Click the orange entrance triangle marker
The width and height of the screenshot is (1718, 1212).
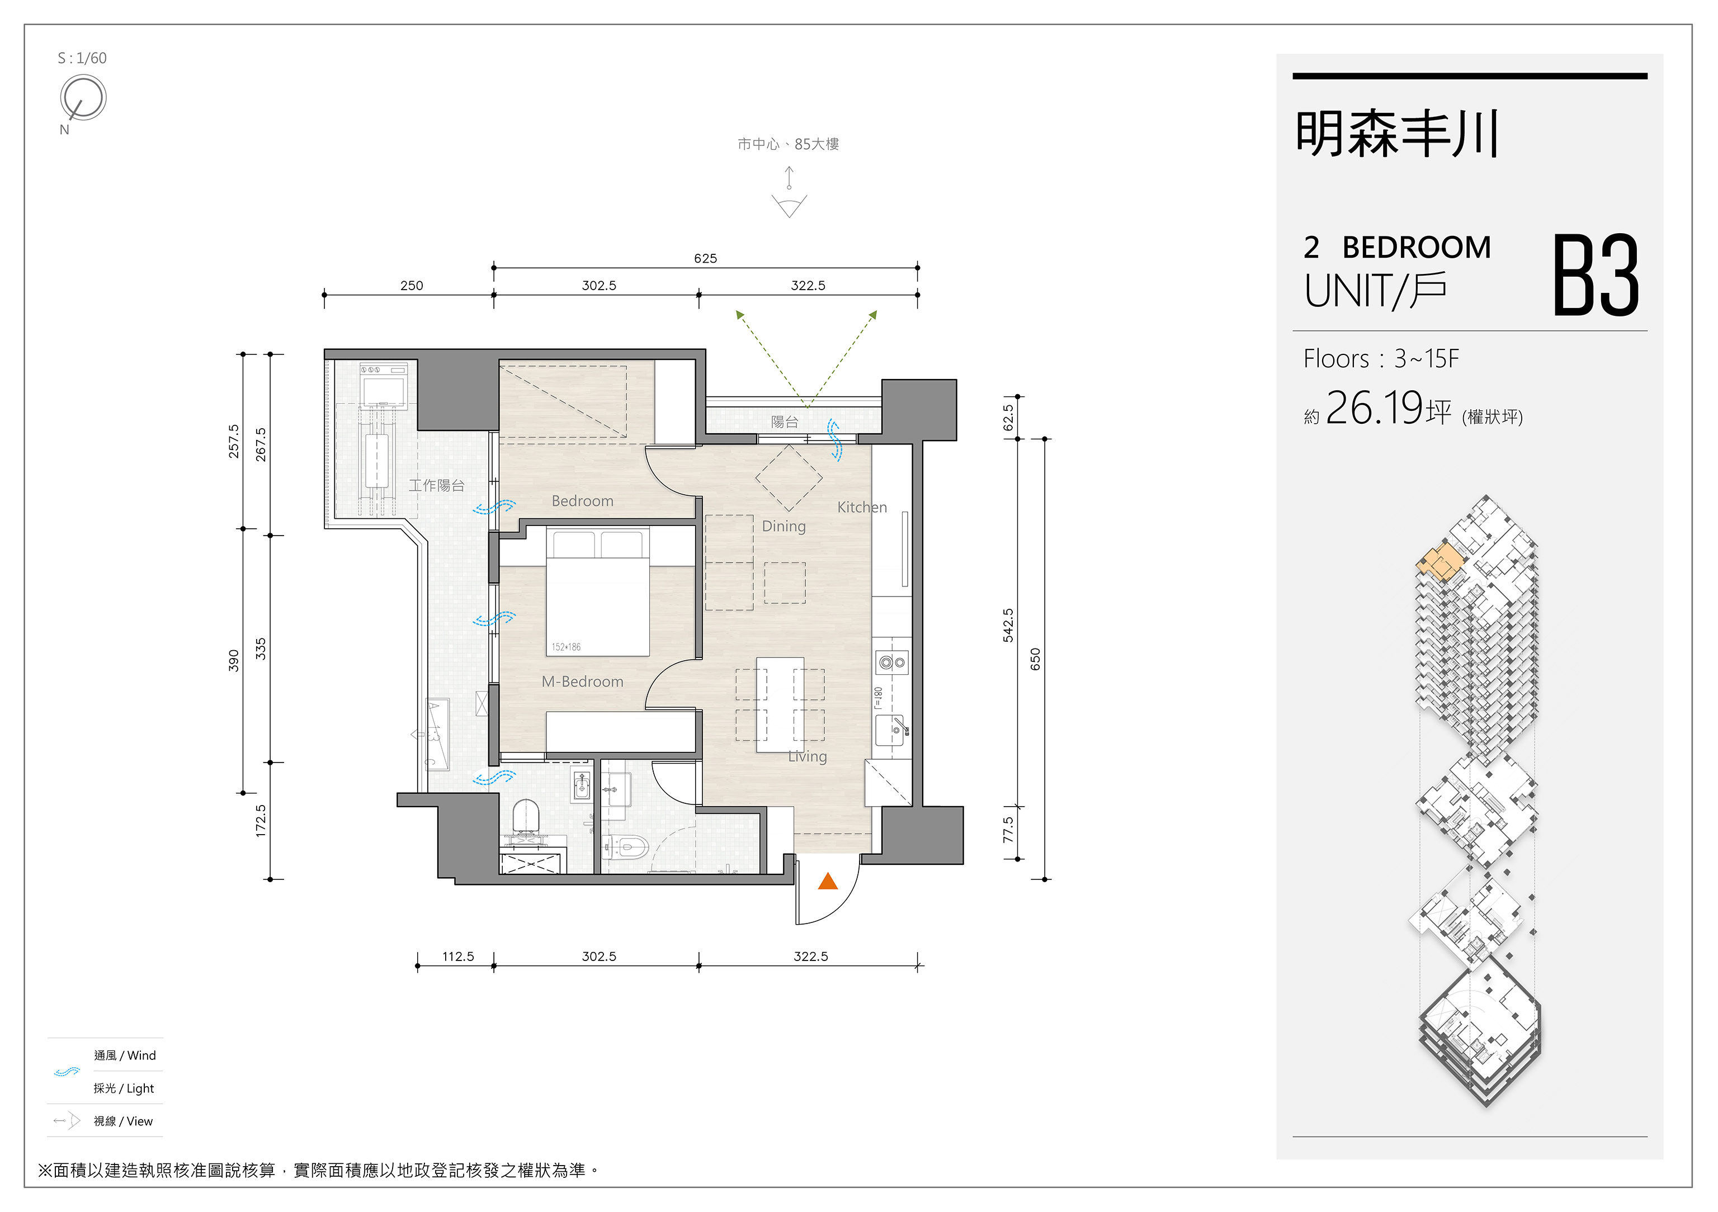pyautogui.click(x=828, y=881)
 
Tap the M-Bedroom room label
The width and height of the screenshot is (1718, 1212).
pyautogui.click(x=582, y=681)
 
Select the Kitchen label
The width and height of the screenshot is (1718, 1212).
pyautogui.click(x=862, y=507)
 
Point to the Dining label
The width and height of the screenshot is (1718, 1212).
pyautogui.click(x=784, y=527)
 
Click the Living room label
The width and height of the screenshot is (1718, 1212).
pyautogui.click(x=808, y=756)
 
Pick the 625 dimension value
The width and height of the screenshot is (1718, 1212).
pyautogui.click(x=705, y=258)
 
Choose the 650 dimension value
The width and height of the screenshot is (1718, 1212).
pyautogui.click(x=1035, y=659)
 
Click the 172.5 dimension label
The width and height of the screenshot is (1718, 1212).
pyautogui.click(x=261, y=821)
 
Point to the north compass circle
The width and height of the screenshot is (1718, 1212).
pyautogui.click(x=84, y=97)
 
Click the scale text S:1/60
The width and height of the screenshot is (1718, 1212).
pyautogui.click(x=82, y=58)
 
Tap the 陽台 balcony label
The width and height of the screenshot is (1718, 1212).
pyautogui.click(x=785, y=422)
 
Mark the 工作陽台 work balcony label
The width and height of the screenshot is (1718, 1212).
pyautogui.click(x=436, y=486)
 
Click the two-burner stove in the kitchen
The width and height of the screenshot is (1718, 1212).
pyautogui.click(x=892, y=662)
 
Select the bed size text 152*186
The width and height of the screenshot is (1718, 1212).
pyautogui.click(x=566, y=647)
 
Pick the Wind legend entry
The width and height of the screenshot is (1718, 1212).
pyautogui.click(x=125, y=1055)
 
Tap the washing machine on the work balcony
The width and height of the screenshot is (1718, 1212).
pyautogui.click(x=384, y=385)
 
